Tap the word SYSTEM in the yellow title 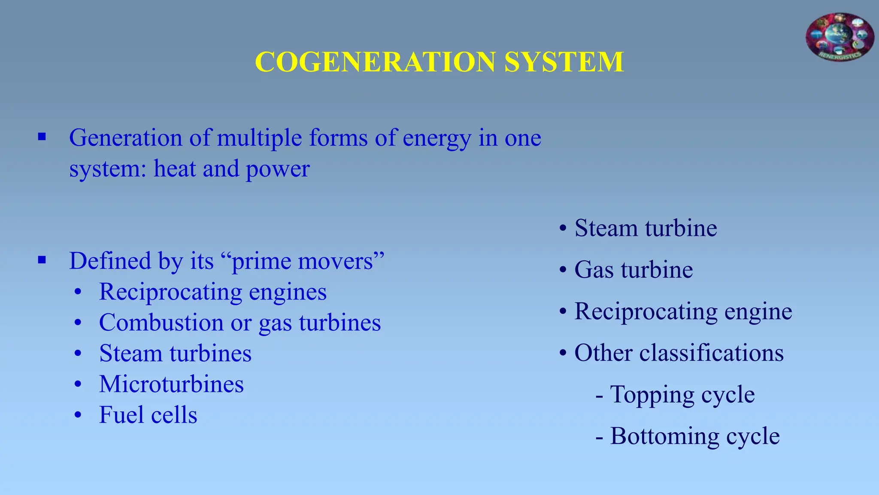pos(564,62)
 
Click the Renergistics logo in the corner pos(840,37)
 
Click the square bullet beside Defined pos(42,260)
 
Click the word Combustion pos(161,323)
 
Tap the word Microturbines pos(171,384)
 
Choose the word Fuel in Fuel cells pos(121,415)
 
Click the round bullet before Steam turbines pos(78,354)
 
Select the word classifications pos(711,353)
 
